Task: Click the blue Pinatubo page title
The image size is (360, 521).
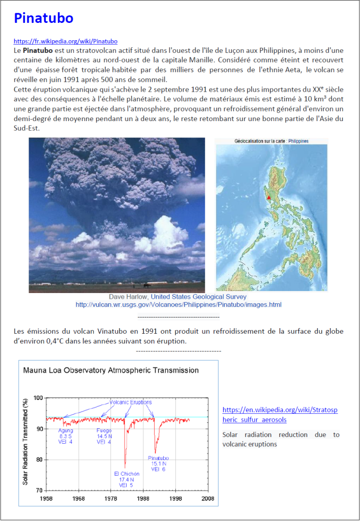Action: click(x=44, y=18)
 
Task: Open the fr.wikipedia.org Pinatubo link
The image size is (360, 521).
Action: click(x=66, y=41)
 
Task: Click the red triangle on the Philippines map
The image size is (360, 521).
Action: click(x=268, y=194)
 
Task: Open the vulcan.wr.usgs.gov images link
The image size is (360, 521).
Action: click(x=178, y=305)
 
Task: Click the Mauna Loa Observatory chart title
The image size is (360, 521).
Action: click(x=111, y=370)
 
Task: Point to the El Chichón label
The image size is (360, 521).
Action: click(x=127, y=474)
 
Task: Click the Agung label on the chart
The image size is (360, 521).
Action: click(x=66, y=430)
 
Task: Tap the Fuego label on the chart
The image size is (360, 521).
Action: click(x=104, y=430)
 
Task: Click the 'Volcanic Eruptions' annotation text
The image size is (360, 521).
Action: click(x=131, y=402)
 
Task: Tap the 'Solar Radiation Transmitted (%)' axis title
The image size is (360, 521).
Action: click(x=25, y=443)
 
